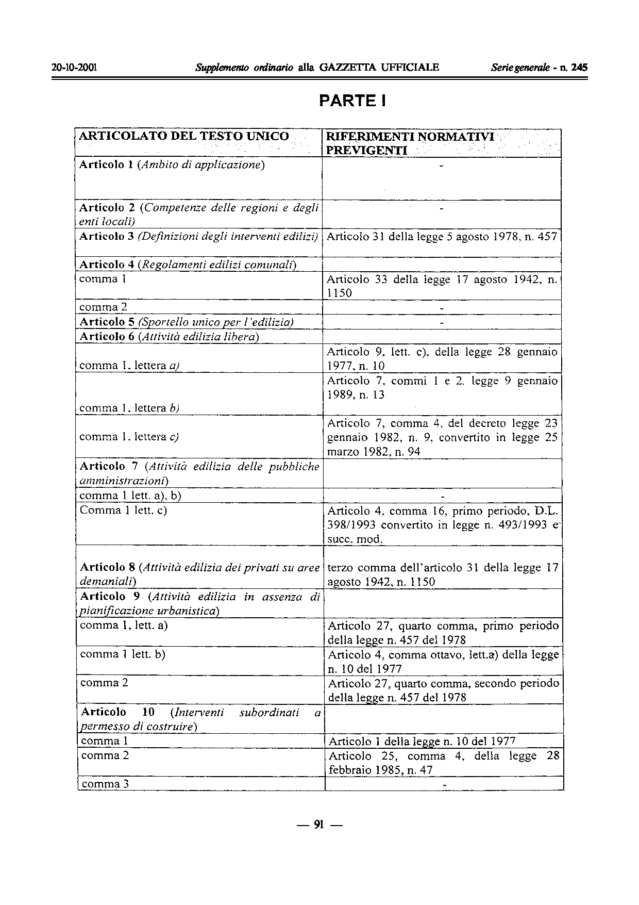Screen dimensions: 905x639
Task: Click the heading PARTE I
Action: pos(352,101)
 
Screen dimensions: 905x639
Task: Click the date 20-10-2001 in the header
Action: pos(75,68)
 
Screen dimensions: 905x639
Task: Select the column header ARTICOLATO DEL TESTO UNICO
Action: pos(183,136)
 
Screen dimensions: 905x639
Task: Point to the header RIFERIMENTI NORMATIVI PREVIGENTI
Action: pos(410,143)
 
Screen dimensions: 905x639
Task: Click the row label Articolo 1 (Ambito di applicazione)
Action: pos(172,165)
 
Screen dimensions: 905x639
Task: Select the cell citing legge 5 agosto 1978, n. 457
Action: pos(442,237)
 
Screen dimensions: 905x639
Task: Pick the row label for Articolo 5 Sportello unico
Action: pos(186,322)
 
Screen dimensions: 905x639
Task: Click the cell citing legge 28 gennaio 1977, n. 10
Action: pos(442,359)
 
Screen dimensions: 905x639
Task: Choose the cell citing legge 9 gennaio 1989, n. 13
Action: pos(442,388)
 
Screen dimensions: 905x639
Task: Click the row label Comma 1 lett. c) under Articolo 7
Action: pos(124,511)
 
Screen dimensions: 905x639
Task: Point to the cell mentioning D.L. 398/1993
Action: pos(443,525)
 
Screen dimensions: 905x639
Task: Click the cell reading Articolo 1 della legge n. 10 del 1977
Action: pos(422,742)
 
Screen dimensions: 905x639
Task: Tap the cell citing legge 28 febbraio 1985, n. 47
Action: pos(444,763)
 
